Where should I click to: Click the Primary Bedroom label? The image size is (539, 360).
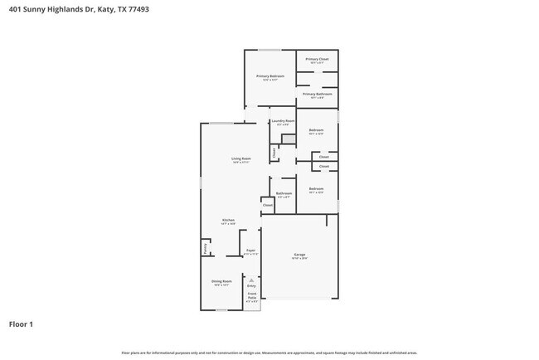[269, 76]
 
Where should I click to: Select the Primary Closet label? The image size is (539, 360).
[317, 59]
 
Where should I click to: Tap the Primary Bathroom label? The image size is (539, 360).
[317, 95]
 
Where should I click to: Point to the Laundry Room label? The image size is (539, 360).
[283, 121]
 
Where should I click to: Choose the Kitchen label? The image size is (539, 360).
[227, 220]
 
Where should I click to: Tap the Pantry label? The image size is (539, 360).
[205, 247]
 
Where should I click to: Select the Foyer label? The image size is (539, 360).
[250, 251]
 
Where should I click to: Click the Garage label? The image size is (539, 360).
[299, 254]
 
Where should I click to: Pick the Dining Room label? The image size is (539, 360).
[221, 281]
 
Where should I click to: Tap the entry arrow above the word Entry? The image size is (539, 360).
[251, 280]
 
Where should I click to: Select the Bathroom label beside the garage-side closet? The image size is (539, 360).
[284, 193]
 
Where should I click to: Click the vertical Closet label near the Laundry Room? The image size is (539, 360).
[274, 153]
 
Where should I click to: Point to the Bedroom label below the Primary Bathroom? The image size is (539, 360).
[316, 130]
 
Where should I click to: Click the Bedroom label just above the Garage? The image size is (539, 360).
[316, 188]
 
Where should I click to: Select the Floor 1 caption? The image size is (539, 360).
[21, 324]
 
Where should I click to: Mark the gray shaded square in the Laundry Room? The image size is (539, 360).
[288, 139]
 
